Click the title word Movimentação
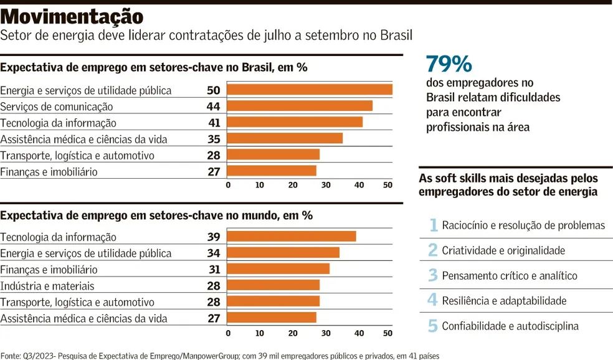click(72, 16)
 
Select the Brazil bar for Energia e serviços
click(310, 90)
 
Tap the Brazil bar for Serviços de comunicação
click(300, 106)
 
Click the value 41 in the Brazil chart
click(213, 123)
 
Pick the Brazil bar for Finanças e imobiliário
click(272, 171)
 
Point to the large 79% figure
click(449, 64)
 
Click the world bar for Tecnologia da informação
click(292, 236)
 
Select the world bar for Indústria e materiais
click(273, 285)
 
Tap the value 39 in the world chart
click(213, 237)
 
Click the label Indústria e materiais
click(47, 286)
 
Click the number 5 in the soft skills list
click(433, 326)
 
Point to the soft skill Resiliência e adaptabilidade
click(504, 301)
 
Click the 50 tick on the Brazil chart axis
click(387, 185)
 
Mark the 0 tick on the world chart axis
click(228, 333)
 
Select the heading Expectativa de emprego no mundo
click(156, 216)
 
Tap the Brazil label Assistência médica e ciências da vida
click(84, 139)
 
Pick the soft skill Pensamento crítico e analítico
click(510, 275)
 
